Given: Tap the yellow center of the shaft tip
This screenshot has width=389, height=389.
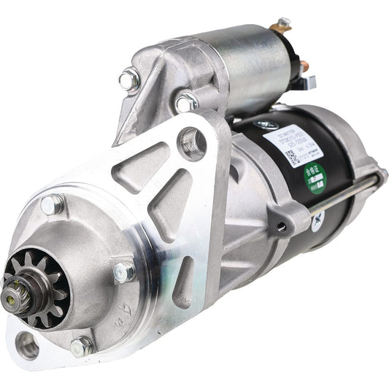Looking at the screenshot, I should (x=12, y=296).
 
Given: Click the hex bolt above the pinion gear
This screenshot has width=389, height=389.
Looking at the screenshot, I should (x=53, y=206).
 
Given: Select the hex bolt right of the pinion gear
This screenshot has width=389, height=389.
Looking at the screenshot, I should (x=124, y=271).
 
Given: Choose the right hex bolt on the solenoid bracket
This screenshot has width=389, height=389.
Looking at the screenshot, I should (x=186, y=101).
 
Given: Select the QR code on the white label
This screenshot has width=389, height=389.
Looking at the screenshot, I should (x=291, y=158).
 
